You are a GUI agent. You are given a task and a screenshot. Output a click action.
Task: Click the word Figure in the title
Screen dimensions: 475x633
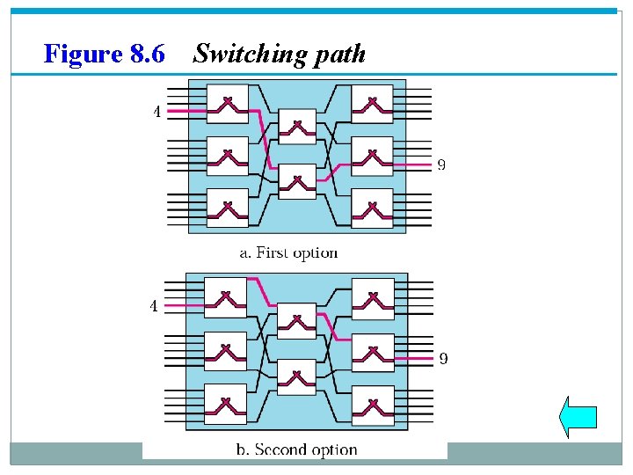(84, 55)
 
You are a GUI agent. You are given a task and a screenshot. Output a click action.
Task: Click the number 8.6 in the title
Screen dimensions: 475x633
(147, 55)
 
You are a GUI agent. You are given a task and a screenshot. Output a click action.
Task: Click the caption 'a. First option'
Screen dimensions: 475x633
(289, 253)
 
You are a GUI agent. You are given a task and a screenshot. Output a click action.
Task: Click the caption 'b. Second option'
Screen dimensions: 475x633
(296, 450)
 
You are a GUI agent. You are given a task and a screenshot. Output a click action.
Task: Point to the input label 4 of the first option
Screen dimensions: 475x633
(156, 112)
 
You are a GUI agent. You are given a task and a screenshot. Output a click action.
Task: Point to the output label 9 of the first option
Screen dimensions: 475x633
(441, 164)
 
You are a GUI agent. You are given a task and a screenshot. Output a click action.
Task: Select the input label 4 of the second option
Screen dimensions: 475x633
(154, 307)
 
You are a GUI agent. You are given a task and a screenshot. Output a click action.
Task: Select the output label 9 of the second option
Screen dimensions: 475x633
(443, 358)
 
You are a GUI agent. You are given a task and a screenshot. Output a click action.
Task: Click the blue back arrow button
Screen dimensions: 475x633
(578, 416)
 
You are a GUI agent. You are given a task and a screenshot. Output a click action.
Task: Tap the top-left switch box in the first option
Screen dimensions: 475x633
(227, 104)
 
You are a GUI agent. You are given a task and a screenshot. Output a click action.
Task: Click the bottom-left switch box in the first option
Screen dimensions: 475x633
(227, 208)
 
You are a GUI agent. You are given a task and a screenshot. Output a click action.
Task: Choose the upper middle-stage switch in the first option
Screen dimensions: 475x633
(297, 127)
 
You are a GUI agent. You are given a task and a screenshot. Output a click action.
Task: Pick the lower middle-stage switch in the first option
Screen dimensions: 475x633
(297, 181)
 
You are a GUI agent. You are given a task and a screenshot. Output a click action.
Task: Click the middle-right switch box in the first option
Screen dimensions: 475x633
(372, 157)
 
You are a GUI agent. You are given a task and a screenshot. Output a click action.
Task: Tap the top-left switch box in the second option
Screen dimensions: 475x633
(226, 297)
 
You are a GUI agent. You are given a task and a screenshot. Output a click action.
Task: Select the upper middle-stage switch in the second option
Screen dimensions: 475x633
(296, 321)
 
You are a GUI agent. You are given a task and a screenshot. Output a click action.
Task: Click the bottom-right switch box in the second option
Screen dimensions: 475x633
(373, 404)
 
